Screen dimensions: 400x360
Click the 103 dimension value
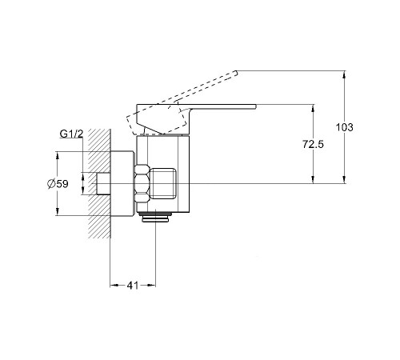point(344,127)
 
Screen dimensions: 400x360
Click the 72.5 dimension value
point(313,144)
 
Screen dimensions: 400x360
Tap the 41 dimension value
point(133,286)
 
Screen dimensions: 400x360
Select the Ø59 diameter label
point(58,184)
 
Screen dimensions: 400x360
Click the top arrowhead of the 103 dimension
point(345,74)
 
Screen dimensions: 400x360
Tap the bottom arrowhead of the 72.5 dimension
point(313,180)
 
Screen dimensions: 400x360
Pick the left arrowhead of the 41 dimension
point(114,286)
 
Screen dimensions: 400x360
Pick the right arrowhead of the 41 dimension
point(152,286)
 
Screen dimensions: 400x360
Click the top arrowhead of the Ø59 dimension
point(58,155)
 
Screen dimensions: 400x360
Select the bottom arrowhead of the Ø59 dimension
point(58,212)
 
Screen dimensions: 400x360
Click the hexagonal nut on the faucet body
point(142,183)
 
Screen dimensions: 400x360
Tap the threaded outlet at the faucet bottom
point(155,217)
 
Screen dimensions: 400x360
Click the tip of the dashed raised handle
point(236,72)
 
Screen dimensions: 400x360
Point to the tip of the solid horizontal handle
point(255,106)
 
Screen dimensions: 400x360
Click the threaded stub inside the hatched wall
point(103,183)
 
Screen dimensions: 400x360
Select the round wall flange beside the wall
point(122,183)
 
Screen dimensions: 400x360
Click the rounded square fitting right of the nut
point(164,183)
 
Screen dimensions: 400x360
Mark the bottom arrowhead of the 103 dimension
point(345,180)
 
